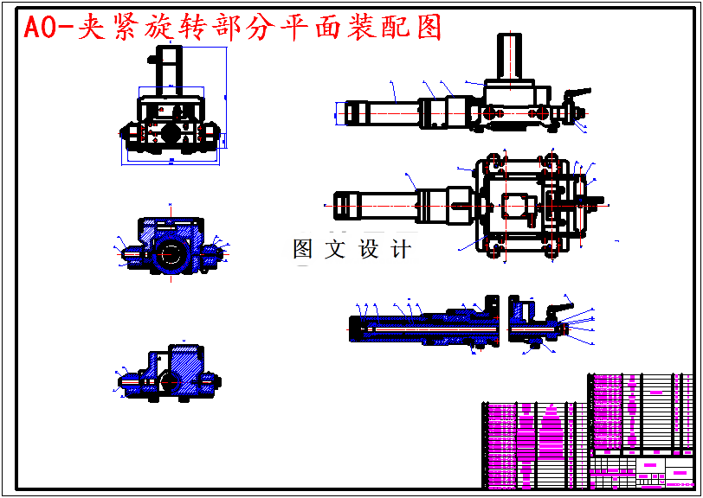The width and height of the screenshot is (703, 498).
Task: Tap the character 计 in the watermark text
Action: (401, 250)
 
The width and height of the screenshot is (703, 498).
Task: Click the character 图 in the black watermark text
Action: (303, 250)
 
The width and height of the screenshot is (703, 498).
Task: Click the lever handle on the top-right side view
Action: (576, 93)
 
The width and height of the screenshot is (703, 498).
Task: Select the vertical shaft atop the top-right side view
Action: (509, 56)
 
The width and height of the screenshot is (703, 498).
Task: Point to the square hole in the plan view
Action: (514, 207)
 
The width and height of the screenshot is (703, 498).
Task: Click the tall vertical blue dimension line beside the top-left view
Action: (226, 95)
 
